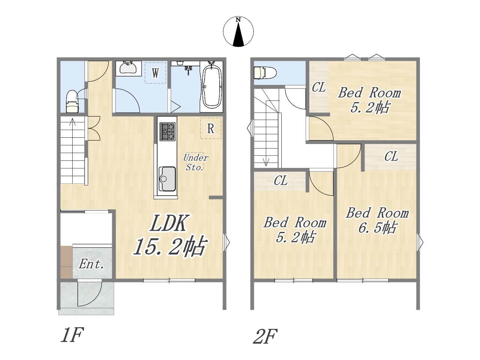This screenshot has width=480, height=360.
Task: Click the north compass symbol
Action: pyautogui.click(x=238, y=31)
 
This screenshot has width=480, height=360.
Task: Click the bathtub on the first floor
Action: pyautogui.click(x=211, y=87)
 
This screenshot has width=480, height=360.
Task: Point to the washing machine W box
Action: pyautogui.click(x=155, y=73)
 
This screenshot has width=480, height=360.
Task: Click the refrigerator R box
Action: pyautogui.click(x=211, y=128)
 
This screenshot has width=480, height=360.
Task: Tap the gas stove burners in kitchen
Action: pyautogui.click(x=168, y=132)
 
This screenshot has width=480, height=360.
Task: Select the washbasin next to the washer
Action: pyautogui.click(x=128, y=67)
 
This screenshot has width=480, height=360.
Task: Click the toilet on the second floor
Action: pyautogui.click(x=265, y=73)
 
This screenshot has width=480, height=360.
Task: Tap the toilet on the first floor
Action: pyautogui.click(x=72, y=101)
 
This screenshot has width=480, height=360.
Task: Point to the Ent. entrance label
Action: pyautogui.click(x=91, y=264)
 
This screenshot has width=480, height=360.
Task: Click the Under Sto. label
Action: pyautogui.click(x=195, y=162)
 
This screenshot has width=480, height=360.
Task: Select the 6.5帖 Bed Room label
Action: pyautogui.click(x=377, y=220)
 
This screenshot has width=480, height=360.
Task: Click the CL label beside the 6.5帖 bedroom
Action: pyautogui.click(x=391, y=156)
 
